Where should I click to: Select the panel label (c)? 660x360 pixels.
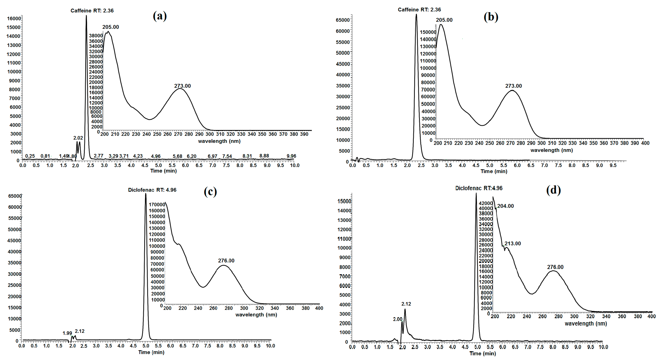point(210,191)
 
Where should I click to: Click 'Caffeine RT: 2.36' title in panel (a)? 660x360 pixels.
point(92,10)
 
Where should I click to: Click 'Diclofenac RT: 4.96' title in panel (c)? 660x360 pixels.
point(152,190)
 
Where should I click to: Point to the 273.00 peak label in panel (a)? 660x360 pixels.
point(182,86)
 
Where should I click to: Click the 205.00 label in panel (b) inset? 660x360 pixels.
point(444,20)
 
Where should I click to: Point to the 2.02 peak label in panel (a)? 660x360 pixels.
point(78,138)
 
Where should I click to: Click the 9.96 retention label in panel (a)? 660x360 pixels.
point(291,156)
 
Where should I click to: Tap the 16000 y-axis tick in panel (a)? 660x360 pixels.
point(14,18)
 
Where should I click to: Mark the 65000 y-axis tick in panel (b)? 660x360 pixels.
point(343,20)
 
